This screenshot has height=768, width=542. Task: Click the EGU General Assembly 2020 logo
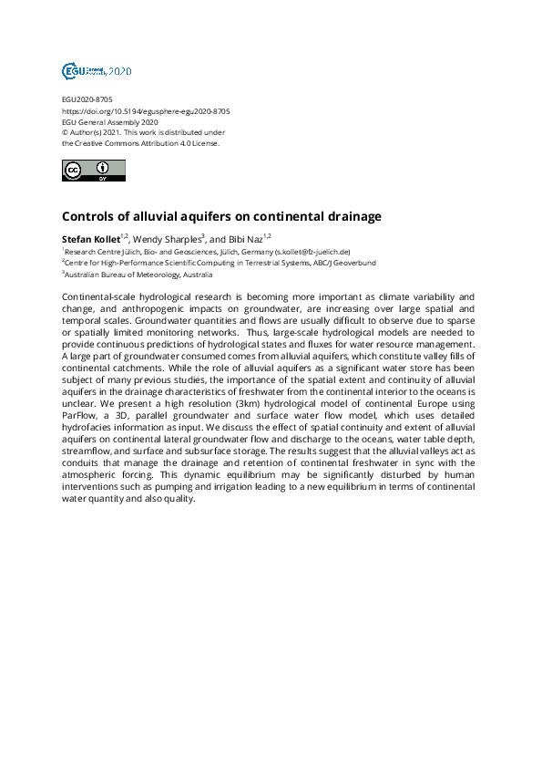pyautogui.click(x=96, y=70)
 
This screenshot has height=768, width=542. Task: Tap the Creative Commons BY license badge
pyautogui.click(x=93, y=171)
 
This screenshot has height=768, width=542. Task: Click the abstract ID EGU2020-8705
pyautogui.click(x=87, y=99)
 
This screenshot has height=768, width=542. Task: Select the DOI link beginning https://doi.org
pyautogui.click(x=146, y=110)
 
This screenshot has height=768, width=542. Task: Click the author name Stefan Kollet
pyautogui.click(x=90, y=239)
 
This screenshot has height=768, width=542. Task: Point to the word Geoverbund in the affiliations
pyautogui.click(x=352, y=263)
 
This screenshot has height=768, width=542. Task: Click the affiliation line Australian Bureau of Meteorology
pyautogui.click(x=138, y=274)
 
